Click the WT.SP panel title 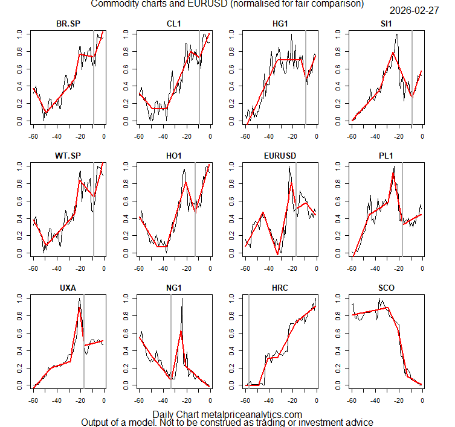click(68, 156)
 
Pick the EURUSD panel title click(280, 156)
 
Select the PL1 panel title click(386, 156)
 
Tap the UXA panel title click(68, 288)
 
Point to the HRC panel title click(280, 288)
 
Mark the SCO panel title click(386, 288)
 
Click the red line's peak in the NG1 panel click(180, 331)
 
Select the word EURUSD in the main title click(223, 4)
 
